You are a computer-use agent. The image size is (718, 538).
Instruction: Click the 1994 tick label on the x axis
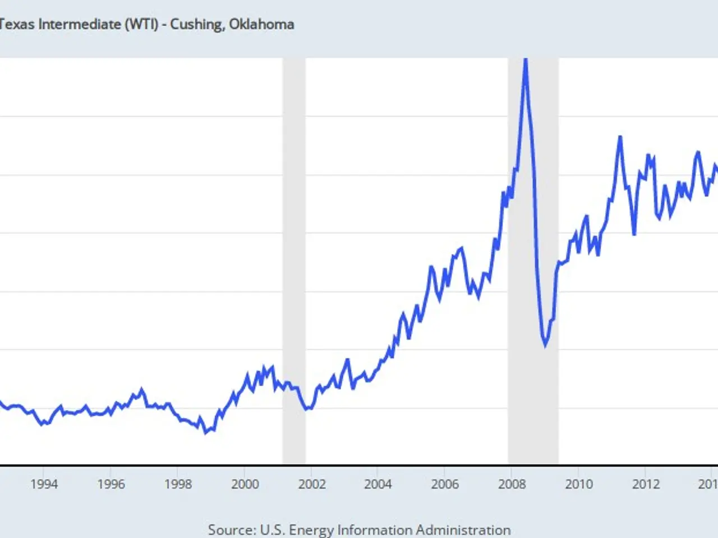coord(44,484)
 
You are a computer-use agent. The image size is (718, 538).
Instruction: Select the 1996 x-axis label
coord(111,484)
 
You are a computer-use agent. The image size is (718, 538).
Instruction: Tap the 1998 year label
coord(178,484)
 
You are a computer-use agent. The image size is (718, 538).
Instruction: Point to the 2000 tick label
coord(245,484)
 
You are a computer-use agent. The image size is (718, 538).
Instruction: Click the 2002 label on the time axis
coord(311,484)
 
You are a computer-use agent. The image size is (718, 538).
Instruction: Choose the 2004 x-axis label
coord(378,484)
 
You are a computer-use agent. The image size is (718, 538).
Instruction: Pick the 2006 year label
coord(444,484)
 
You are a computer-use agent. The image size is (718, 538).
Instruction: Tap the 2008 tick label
coord(512,484)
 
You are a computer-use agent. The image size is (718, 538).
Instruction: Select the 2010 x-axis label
coord(578,484)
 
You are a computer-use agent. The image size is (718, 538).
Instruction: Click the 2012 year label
coord(646,484)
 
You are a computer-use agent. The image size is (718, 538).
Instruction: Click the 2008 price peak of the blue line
coord(525,61)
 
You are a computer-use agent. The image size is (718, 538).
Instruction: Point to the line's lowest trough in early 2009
coord(545,346)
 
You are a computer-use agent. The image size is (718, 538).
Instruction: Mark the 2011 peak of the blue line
coord(620,137)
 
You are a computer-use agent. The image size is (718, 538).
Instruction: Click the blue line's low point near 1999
coord(205,433)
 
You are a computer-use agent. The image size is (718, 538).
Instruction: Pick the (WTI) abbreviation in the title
coord(141,24)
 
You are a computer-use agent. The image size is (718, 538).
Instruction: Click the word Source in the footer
coord(230,530)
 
